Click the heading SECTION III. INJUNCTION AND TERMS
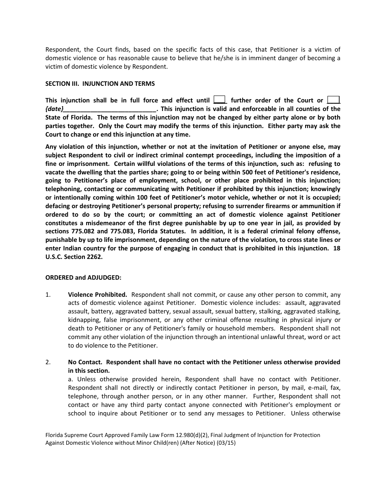click(100, 84)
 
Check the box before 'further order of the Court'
click(219, 100)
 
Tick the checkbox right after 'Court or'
click(334, 100)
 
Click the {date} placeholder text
click(54, 109)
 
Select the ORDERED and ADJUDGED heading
click(83, 278)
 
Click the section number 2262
click(95, 257)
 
